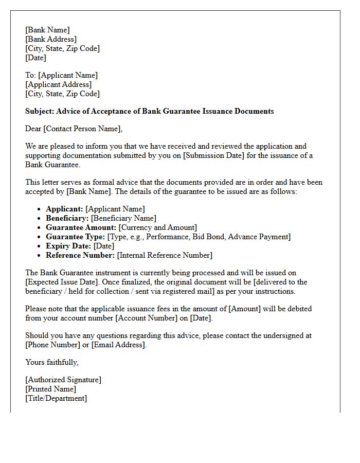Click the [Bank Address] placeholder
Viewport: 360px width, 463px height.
coord(51,39)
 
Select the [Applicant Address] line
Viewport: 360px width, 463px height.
coord(58,84)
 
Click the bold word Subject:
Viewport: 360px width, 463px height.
coord(40,111)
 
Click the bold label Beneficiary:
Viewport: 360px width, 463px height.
coord(67,218)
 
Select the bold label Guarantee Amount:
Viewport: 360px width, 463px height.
coord(81,227)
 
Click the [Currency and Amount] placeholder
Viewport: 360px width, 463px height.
coord(157,227)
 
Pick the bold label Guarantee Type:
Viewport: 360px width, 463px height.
coord(75,237)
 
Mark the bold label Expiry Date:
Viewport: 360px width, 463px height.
coord(68,246)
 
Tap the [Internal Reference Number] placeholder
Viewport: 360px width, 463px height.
coord(165,255)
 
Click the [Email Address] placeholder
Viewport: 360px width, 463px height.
coord(119,345)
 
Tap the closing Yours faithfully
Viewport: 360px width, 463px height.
coord(52,362)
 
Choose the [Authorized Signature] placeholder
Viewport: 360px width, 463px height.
coord(63,380)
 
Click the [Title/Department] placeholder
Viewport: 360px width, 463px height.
coord(56,398)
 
